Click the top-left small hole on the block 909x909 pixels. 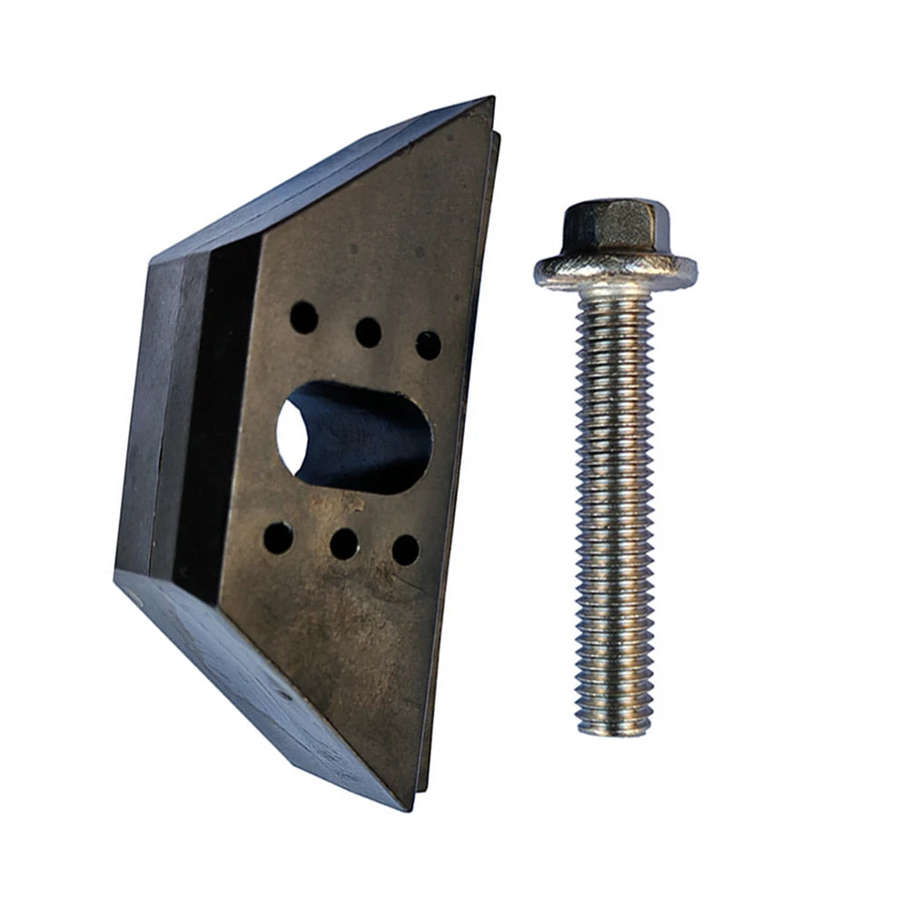303,317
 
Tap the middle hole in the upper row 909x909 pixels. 368,332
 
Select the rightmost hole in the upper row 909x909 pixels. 428,345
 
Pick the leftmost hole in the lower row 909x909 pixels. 278,538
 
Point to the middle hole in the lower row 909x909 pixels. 343,544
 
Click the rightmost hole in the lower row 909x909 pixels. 405,550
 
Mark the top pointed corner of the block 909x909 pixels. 491,100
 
